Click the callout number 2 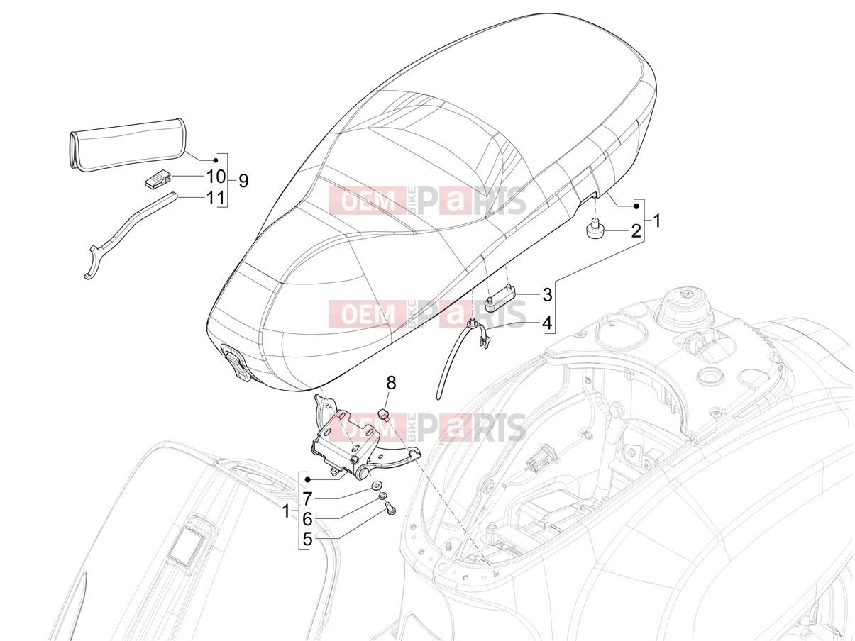click(635, 231)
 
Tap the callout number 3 click(547, 294)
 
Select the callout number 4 click(547, 323)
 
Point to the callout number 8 click(391, 383)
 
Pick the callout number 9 click(243, 181)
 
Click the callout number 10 click(216, 177)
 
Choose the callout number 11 click(216, 198)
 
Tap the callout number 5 click(307, 540)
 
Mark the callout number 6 click(307, 519)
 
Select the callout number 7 click(307, 498)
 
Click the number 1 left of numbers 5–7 click(286, 511)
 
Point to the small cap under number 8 click(385, 413)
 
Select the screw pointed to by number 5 click(390, 508)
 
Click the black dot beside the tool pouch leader click(216, 160)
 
